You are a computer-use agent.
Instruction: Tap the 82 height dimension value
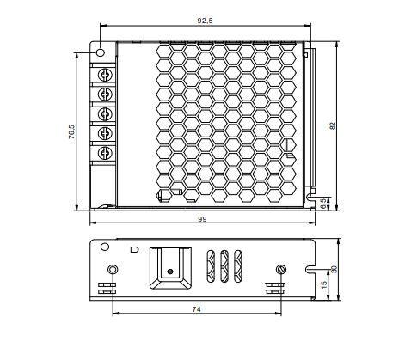pos(333,125)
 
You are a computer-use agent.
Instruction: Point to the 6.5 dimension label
pos(323,204)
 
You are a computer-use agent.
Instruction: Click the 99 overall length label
pos(203,220)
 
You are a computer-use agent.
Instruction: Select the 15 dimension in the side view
pos(323,284)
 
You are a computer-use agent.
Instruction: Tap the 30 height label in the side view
pos(334,269)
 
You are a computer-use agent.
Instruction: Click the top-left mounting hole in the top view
pos(101,52)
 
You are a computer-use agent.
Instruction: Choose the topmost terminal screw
pos(105,72)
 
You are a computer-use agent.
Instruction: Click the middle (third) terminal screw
pos(105,113)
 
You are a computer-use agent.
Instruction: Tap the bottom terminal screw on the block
pos(105,154)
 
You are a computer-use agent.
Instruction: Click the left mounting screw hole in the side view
pos(110,272)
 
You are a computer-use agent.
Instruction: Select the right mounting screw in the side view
pos(279,272)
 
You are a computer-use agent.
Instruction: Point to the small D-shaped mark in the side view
pos(132,250)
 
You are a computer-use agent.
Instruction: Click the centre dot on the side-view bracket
pos(170,272)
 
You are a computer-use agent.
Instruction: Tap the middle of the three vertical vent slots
pos(224,265)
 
